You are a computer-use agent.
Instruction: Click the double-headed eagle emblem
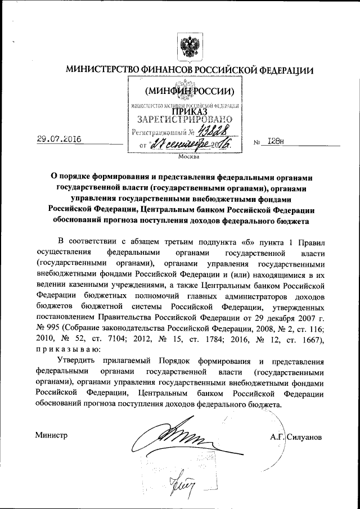click(x=187, y=46)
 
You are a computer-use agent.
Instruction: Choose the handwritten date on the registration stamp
click(x=186, y=146)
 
